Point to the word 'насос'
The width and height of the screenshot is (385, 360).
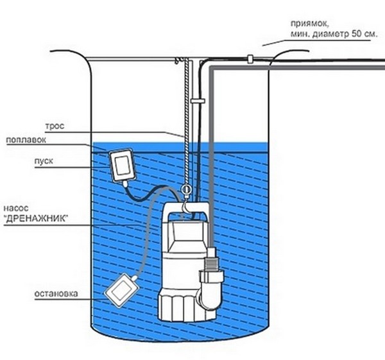[x=14, y=209]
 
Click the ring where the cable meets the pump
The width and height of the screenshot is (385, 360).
[x=185, y=191]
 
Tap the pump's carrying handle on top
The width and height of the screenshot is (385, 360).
[x=185, y=210]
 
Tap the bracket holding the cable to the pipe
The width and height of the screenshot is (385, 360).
[x=196, y=101]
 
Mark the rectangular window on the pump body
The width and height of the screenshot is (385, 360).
[x=185, y=232]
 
